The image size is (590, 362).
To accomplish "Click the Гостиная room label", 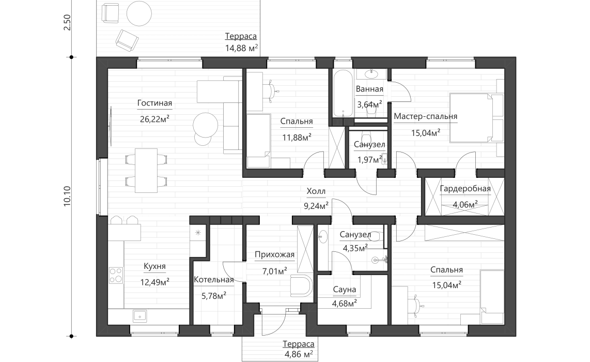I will point(154,103).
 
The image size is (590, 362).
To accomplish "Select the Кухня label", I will point(154,267).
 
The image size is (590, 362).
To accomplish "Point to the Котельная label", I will point(213,280).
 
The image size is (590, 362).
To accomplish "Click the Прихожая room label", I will point(274,254).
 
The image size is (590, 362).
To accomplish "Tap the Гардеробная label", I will point(465,189).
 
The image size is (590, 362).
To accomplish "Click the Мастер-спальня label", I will point(425,116).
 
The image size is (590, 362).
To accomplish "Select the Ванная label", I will point(369,89).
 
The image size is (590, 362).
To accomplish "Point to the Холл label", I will point(316,191).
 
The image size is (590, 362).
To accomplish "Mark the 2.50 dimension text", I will point(67,23).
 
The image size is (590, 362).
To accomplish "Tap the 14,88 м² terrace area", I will point(241,49).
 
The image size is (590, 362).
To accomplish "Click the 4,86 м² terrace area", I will point(299,354).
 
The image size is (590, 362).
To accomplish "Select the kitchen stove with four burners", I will point(116,274).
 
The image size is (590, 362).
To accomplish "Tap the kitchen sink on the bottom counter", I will point(139,315).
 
